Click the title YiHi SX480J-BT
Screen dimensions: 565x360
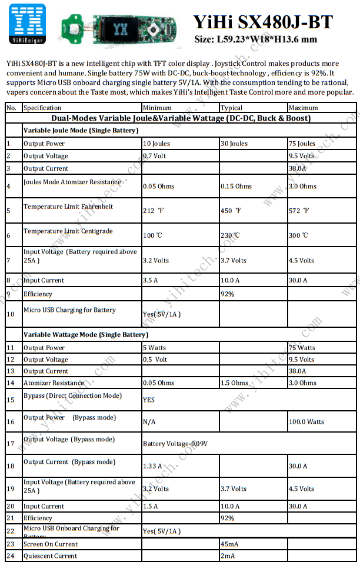[x=263, y=22]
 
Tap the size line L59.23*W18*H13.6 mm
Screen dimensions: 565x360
[x=255, y=39]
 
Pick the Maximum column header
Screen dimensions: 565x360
[x=303, y=108]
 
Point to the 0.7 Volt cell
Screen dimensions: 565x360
[x=155, y=156]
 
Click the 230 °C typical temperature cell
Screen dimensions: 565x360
[x=230, y=235]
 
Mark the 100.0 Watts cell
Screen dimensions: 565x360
[x=306, y=421]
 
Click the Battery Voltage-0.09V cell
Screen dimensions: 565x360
[x=175, y=444]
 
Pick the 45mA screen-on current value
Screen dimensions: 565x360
[x=229, y=544]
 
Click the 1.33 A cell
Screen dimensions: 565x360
[x=152, y=466]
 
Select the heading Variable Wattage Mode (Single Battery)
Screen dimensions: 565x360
[x=86, y=335]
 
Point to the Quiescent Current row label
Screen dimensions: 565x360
[x=50, y=556]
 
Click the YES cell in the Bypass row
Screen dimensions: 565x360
[x=149, y=400]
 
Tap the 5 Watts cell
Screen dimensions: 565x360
[x=155, y=348]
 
